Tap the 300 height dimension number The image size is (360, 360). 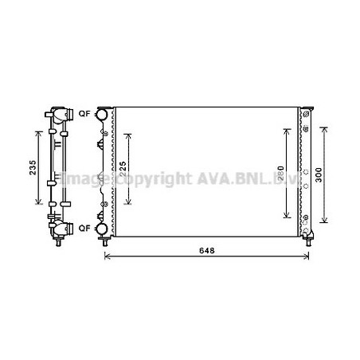pos(319,176)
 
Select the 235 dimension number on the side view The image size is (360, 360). pos(31,169)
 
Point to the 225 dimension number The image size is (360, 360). pos(123,170)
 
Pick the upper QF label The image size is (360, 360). pos(83,114)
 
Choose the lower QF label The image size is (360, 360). pos(83,229)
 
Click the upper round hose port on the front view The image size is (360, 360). pos(102,115)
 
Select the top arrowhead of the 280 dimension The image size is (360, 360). pos(287,129)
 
